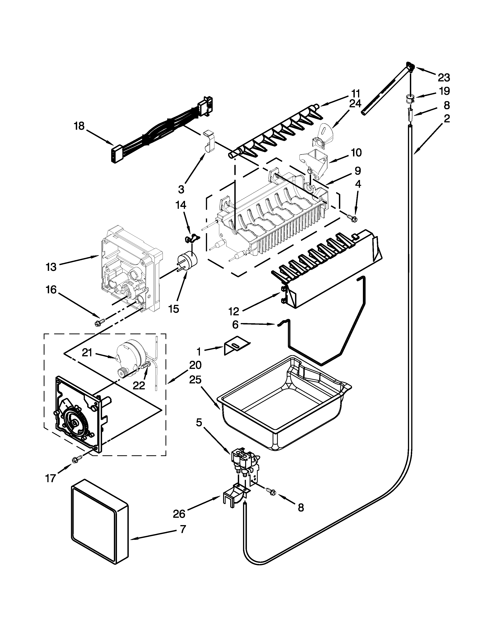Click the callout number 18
[x=79, y=126]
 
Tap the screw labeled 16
[x=97, y=323]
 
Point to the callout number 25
[x=195, y=380]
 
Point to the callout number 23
[x=444, y=77]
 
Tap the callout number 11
[x=355, y=94]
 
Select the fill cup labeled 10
[x=314, y=162]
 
